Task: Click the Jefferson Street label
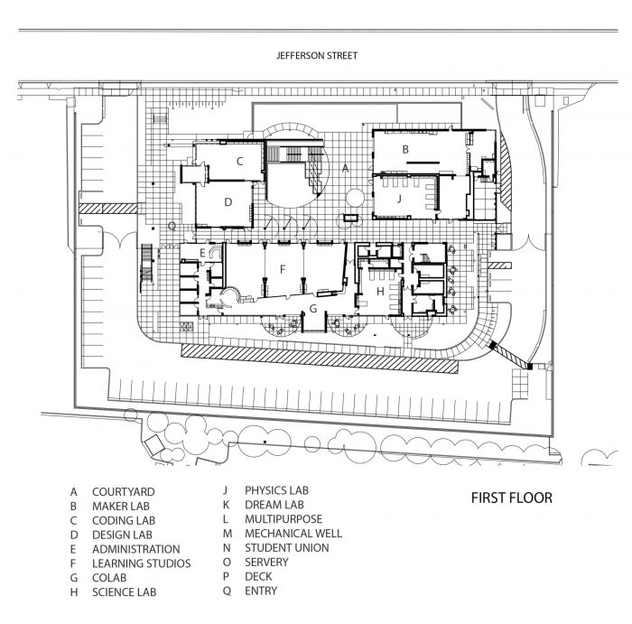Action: [x=316, y=56]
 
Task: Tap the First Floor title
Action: [x=511, y=498]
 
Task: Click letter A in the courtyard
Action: [x=346, y=168]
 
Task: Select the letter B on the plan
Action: [x=406, y=148]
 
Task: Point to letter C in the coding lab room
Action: [x=239, y=162]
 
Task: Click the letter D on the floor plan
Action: [x=228, y=202]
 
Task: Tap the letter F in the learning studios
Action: [x=283, y=268]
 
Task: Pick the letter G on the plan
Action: [x=312, y=309]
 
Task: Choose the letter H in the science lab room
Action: [x=380, y=291]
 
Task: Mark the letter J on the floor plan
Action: [x=397, y=199]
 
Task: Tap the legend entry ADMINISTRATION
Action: [x=135, y=549]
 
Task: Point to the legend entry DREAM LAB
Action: [x=274, y=506]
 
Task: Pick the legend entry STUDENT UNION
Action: [x=286, y=548]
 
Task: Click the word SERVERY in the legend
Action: [x=267, y=563]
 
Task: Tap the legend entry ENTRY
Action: [x=261, y=591]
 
